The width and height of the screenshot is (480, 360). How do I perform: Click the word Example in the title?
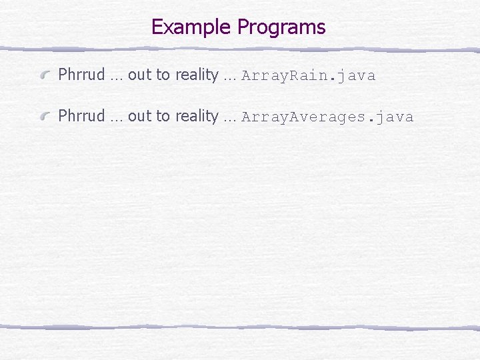pos(192,27)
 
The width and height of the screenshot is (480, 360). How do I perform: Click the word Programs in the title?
pos(281,27)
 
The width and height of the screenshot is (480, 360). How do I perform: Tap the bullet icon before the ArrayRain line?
pos(45,76)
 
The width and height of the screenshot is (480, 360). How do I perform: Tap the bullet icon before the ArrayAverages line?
pos(45,117)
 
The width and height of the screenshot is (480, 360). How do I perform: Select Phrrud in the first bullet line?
pos(81,75)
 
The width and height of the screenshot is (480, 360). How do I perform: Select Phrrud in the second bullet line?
pos(81,116)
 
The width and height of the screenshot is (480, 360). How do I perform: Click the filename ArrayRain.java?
pos(309,75)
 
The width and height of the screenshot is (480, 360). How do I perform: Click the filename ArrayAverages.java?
pos(327,117)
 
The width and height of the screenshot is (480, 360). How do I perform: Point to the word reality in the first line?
pos(197,75)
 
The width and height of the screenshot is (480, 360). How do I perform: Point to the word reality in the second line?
pos(197,117)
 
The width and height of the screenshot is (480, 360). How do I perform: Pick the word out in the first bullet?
pos(139,75)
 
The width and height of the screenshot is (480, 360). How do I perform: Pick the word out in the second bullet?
pos(139,117)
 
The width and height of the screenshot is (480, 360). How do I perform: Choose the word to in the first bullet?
pos(163,75)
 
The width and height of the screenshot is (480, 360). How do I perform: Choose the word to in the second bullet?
pos(163,117)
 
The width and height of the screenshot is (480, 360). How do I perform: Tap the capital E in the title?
pos(157,27)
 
